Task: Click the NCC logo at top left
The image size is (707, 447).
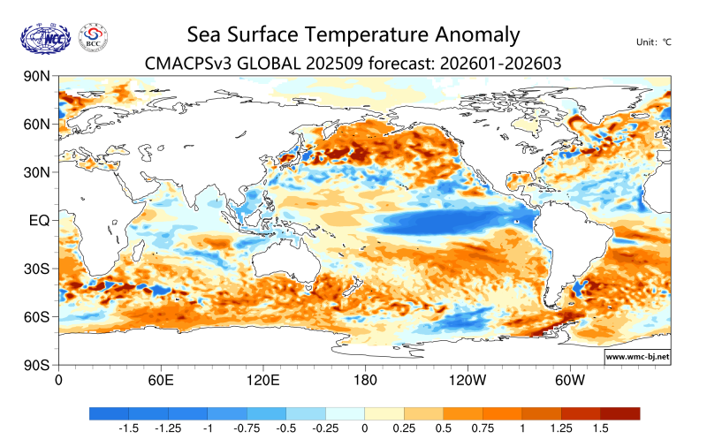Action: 44,37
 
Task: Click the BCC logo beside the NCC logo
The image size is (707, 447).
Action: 94,37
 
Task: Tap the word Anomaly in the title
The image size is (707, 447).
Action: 475,34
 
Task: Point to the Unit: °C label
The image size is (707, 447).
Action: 654,42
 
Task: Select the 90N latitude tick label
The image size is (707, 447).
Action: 36,77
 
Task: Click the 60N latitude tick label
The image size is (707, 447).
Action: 36,125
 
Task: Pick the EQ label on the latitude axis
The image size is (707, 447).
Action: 40,220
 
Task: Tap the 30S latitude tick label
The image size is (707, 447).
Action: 36,269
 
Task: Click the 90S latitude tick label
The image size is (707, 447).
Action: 36,365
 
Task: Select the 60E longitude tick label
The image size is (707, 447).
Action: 160,381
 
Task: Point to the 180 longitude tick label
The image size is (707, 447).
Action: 365,381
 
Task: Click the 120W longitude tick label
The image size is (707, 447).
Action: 468,381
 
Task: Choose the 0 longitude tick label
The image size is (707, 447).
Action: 58,381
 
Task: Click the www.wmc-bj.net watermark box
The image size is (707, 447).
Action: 636,357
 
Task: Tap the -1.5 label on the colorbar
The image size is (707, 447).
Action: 128,428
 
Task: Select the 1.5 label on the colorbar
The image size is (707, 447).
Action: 600,428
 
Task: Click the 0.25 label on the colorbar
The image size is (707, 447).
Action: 404,428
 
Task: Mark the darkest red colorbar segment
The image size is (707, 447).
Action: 620,413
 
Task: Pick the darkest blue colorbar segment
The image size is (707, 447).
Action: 109,413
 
